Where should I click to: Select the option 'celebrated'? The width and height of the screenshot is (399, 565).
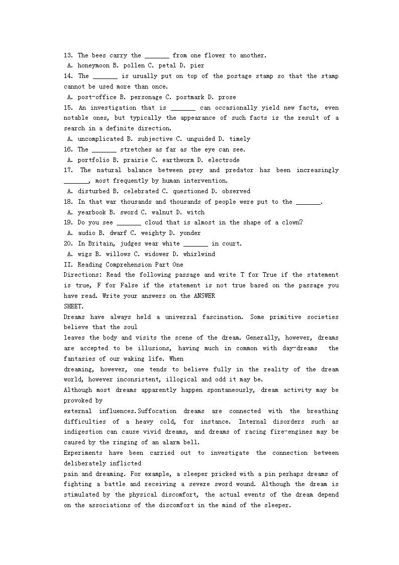click(x=141, y=191)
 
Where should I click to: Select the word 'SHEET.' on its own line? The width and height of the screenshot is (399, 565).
click(x=74, y=306)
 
